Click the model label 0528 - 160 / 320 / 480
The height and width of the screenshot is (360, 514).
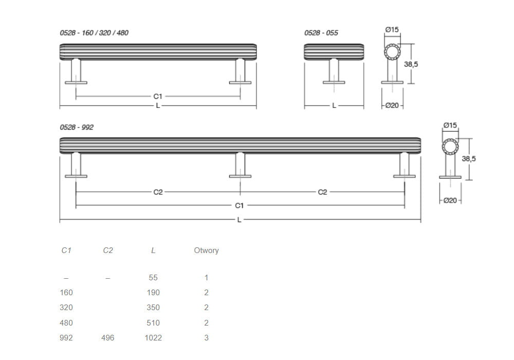pos(94,33)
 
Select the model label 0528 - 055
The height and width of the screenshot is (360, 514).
pos(321,33)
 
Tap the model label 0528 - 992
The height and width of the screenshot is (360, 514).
pos(77,127)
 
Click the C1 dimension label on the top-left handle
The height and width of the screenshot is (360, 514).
pos(158,96)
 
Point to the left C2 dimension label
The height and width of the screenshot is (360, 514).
pos(158,192)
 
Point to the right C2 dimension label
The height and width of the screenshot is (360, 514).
pos(323,192)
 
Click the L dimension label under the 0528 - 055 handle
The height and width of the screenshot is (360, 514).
pos(334,105)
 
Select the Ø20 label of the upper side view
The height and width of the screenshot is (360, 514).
pos(392,105)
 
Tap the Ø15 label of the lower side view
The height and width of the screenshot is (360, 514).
pos(450,125)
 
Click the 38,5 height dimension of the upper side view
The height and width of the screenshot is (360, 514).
pos(411,64)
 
